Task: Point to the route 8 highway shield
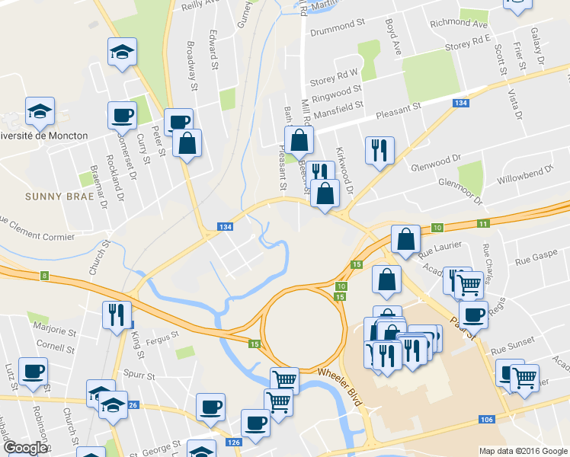[x=45, y=276]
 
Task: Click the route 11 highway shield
[x=483, y=223]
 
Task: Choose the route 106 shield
[x=485, y=420]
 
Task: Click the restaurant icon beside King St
[x=117, y=315]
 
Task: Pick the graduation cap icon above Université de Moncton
[x=40, y=112]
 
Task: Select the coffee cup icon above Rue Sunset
[x=473, y=313]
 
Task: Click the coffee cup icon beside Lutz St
[x=33, y=371]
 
